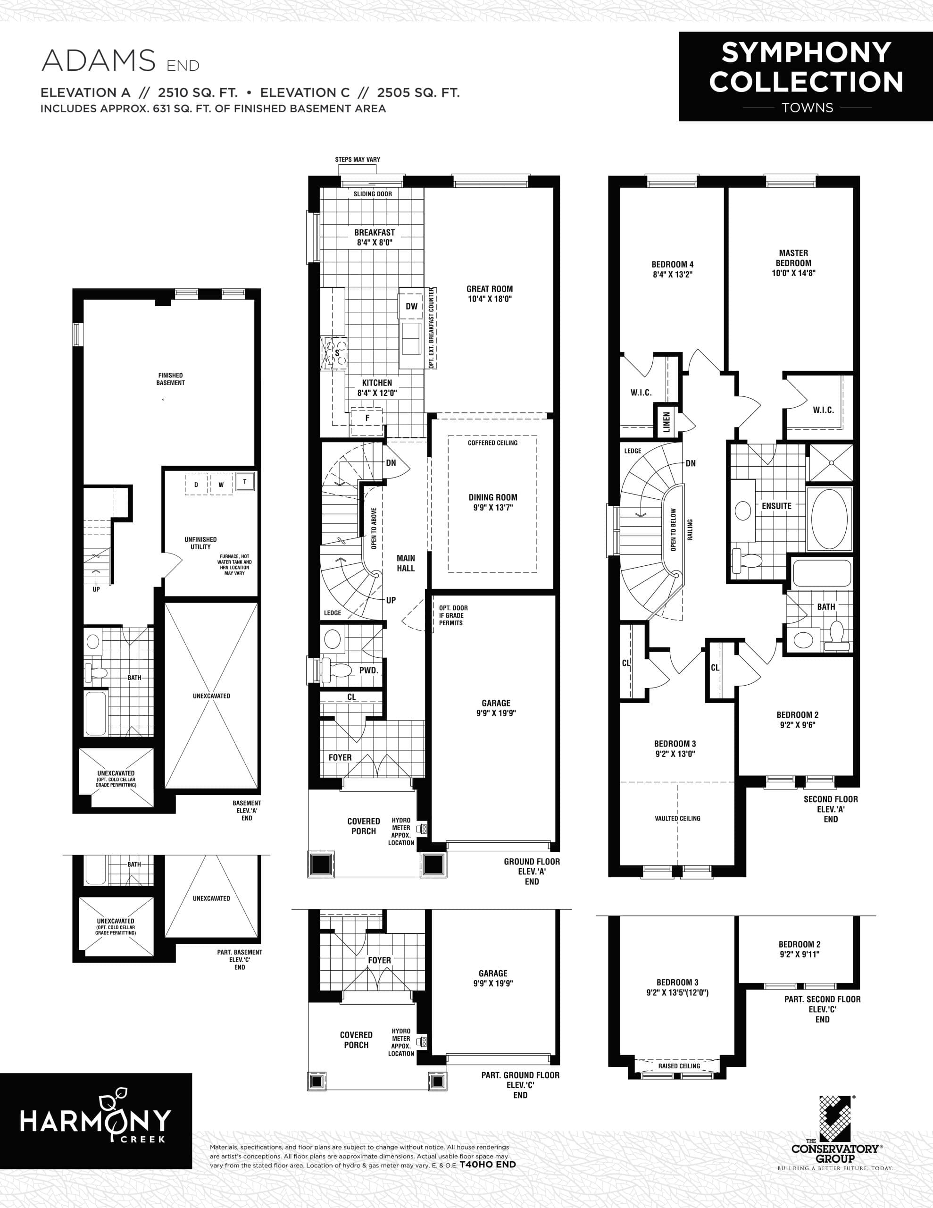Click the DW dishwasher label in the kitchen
coord(411,306)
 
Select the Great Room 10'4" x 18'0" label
coord(490,294)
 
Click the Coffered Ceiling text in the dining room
coord(492,443)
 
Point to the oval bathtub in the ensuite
coord(829,519)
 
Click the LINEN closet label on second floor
coord(666,422)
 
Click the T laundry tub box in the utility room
coord(245,481)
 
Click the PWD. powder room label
coord(368,671)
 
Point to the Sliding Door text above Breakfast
coord(373,194)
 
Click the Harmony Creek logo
coord(96,1120)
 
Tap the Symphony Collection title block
coord(806,76)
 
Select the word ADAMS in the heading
coord(99,61)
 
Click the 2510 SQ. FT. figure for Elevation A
coord(198,92)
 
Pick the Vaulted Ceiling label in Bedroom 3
coord(677,819)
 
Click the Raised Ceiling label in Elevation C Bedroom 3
coord(679,1066)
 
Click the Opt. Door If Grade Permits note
coord(453,615)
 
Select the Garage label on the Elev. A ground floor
coord(496,708)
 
